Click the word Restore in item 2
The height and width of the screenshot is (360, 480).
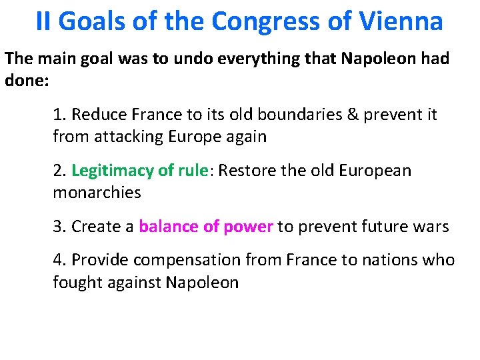(x=246, y=171)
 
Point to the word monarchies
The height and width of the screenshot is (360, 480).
(x=97, y=193)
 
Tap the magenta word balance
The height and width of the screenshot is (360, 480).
(x=168, y=227)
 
